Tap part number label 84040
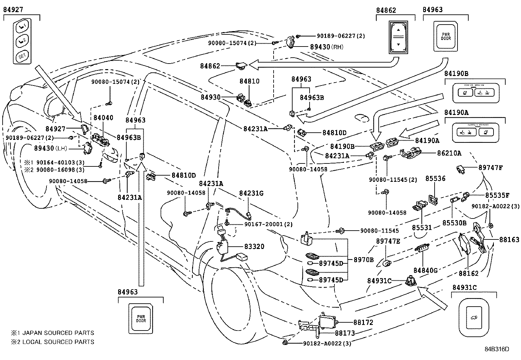click(x=103, y=118)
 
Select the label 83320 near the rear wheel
click(x=254, y=246)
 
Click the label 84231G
click(x=251, y=193)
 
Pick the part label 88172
click(x=363, y=323)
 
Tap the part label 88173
click(x=345, y=333)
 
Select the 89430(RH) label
click(x=326, y=47)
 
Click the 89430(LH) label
click(x=51, y=148)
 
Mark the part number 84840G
click(x=425, y=271)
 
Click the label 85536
click(x=435, y=179)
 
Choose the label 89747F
click(x=490, y=168)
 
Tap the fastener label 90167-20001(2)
click(x=268, y=224)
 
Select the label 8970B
click(x=363, y=260)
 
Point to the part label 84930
click(x=211, y=97)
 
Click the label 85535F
click(x=497, y=196)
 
